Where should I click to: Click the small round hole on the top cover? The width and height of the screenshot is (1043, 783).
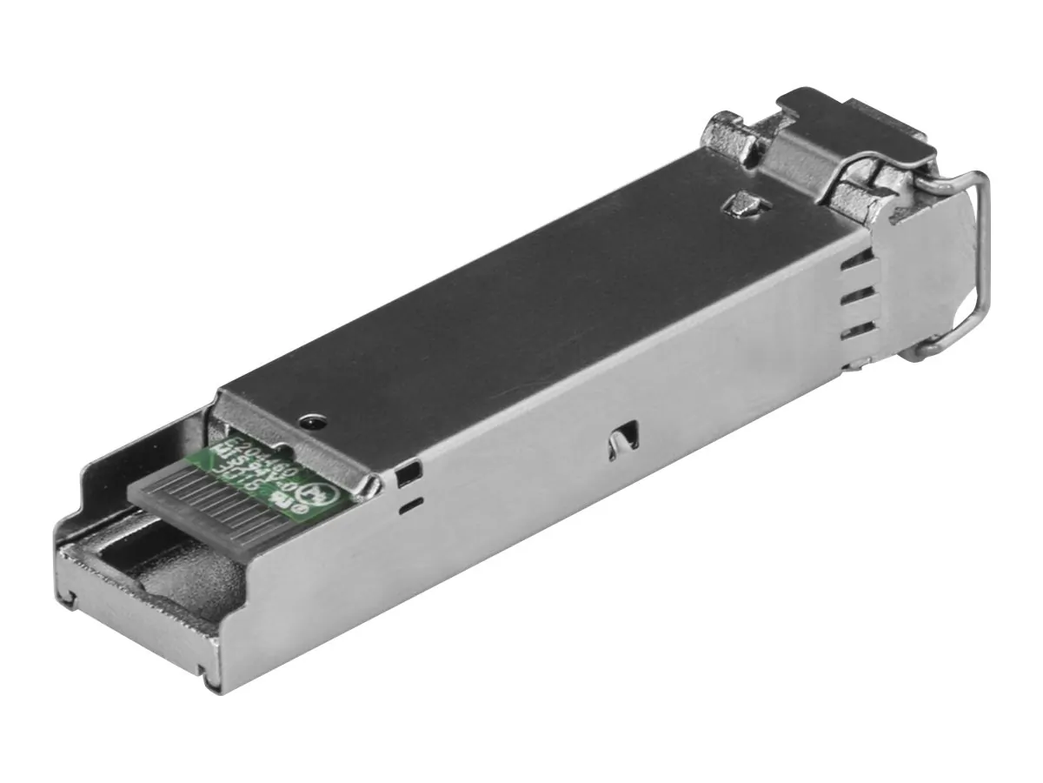pos(310,421)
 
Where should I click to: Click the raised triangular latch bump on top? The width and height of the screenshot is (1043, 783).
pos(741,206)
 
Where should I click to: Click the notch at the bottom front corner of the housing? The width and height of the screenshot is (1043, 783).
pos(206,670)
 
